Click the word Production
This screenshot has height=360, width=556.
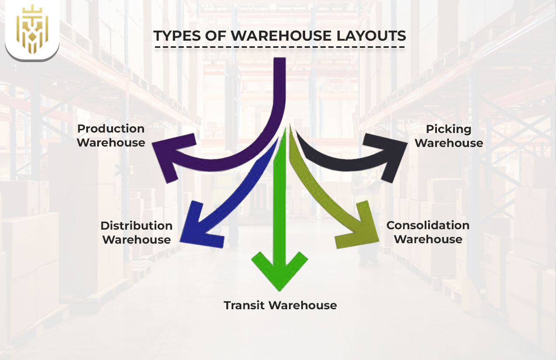(111, 129)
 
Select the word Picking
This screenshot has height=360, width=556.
(448, 129)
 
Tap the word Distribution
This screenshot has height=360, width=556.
(136, 226)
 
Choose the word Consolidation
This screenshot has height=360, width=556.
(428, 225)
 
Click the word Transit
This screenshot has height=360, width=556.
(245, 305)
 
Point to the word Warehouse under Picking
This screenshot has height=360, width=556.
(449, 143)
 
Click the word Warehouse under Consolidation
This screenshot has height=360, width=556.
(428, 239)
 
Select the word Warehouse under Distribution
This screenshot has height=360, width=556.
(136, 240)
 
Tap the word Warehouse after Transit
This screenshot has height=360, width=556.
(303, 305)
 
